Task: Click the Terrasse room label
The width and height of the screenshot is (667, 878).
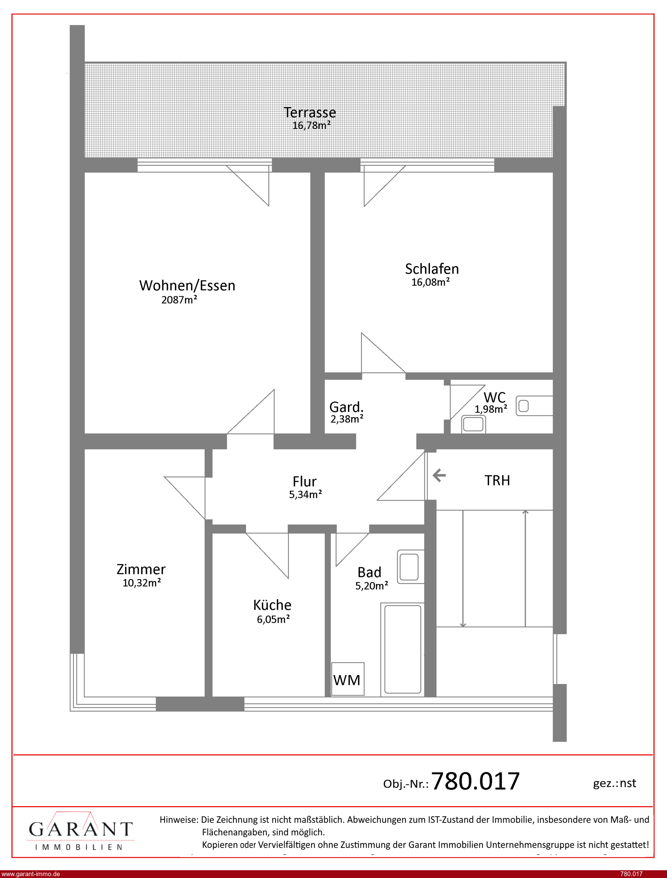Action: (310, 113)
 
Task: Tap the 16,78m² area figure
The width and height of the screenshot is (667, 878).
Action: (311, 126)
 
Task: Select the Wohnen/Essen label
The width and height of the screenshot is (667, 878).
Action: (187, 286)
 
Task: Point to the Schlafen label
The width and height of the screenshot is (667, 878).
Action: (432, 269)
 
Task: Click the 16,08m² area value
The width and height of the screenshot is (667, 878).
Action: (430, 282)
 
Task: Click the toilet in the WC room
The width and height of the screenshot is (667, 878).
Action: (534, 406)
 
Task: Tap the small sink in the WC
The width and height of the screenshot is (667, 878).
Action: (473, 424)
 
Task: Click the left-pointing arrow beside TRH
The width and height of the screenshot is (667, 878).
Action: (439, 475)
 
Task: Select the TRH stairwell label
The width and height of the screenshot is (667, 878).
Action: (497, 480)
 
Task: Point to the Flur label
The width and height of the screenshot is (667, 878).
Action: (304, 481)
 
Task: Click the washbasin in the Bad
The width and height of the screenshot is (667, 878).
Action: (410, 567)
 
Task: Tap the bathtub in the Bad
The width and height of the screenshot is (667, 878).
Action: (403, 650)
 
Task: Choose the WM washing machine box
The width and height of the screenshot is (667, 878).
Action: (347, 679)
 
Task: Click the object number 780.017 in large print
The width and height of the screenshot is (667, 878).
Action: (475, 781)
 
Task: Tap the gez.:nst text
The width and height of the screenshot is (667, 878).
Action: (614, 783)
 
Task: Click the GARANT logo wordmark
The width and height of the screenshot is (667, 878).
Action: (80, 829)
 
